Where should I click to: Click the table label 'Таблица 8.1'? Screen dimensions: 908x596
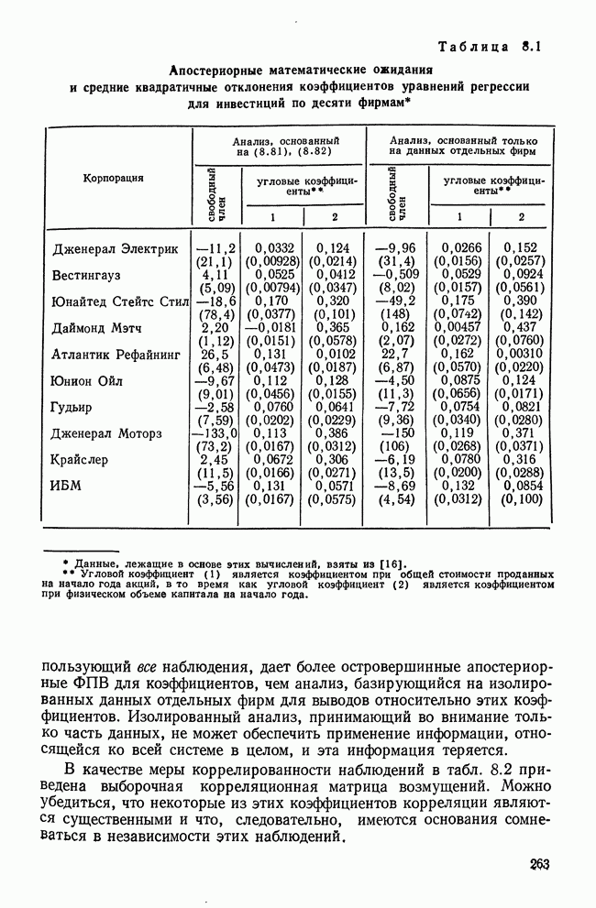pos(491,46)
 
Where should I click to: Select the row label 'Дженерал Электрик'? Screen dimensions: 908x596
pos(116,248)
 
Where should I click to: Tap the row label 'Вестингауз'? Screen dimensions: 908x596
pos(87,275)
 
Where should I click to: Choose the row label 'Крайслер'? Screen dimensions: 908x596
pos(81,459)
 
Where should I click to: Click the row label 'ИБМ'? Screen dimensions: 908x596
pos(66,486)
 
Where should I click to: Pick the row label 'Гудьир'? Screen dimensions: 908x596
pos(72,407)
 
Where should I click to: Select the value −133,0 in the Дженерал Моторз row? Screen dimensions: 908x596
pos(215,432)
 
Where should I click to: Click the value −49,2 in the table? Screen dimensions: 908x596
pos(396,300)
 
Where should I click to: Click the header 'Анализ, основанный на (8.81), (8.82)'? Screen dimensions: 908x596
pos(279,146)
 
